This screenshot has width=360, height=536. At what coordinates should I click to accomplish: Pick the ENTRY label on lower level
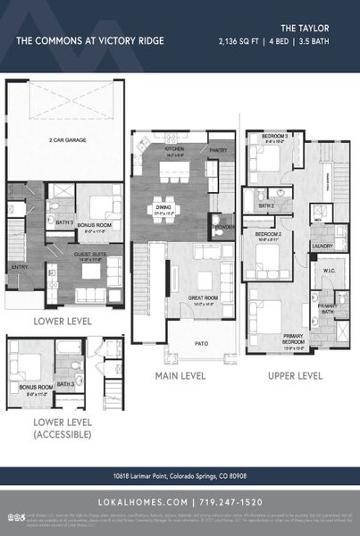coord(18,266)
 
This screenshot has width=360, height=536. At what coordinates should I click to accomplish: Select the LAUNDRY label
coord(322,246)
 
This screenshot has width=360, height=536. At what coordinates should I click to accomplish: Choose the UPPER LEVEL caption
coord(296,376)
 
